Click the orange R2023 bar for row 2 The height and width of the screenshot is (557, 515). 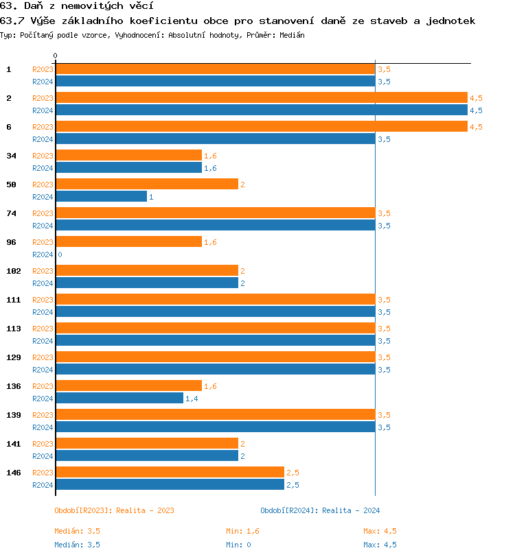pyautogui.click(x=261, y=98)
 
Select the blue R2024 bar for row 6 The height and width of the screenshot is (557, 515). pyautogui.click(x=215, y=139)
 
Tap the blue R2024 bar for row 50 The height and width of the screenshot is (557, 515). pyautogui.click(x=101, y=197)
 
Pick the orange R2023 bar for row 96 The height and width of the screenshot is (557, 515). pyautogui.click(x=128, y=242)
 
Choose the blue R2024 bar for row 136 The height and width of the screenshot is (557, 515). pyautogui.click(x=119, y=399)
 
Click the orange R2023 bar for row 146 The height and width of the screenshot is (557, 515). pyautogui.click(x=170, y=473)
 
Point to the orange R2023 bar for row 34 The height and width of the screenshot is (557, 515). pyautogui.click(x=128, y=156)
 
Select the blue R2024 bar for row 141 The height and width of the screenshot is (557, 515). pyautogui.click(x=146, y=456)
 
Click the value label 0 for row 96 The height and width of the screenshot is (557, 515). pyautogui.click(x=60, y=254)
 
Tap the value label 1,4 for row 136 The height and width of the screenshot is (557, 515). pyautogui.click(x=192, y=399)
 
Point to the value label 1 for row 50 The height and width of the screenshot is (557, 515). pyautogui.click(x=151, y=197)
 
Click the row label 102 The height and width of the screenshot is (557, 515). pyautogui.click(x=13, y=271)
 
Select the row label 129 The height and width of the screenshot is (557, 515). pyautogui.click(x=13, y=357)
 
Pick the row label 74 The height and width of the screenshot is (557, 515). pyautogui.click(x=11, y=213)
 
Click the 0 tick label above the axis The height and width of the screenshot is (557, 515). pyautogui.click(x=56, y=56)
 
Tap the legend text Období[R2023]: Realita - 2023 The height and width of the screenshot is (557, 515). pyautogui.click(x=114, y=510)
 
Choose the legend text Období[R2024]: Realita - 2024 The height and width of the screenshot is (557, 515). pyautogui.click(x=320, y=510)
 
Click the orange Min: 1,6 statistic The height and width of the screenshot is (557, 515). pyautogui.click(x=242, y=531)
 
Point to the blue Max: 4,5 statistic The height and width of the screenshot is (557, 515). pyautogui.click(x=380, y=545)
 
